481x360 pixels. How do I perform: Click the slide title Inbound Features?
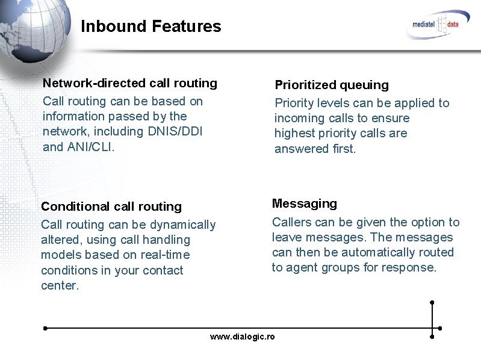click(x=151, y=26)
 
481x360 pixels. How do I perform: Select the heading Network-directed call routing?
click(x=130, y=83)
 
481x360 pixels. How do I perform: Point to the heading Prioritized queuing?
click(x=332, y=85)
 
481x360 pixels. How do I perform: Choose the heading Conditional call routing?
click(x=111, y=206)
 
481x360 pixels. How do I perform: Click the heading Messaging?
click(x=305, y=203)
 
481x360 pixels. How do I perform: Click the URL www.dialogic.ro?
click(x=242, y=337)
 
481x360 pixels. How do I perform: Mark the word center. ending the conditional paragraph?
click(x=60, y=285)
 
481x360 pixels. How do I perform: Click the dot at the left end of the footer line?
click(x=45, y=329)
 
